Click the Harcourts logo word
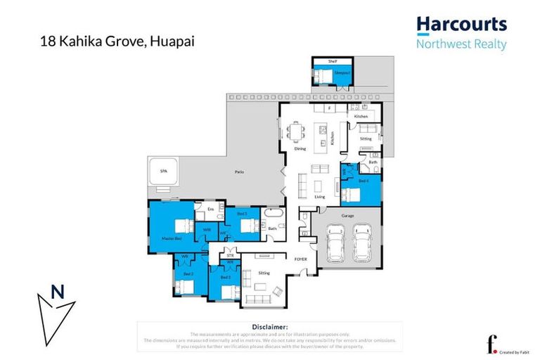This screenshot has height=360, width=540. [461, 25]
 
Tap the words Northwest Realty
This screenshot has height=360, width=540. [461, 44]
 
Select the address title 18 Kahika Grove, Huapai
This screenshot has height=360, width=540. [117, 41]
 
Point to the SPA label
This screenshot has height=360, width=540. [164, 171]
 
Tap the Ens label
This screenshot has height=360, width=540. [210, 210]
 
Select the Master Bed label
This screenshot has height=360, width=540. [163, 239]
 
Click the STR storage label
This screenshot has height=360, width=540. [220, 255]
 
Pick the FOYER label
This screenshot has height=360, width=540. [300, 259]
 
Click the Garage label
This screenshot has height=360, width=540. [347, 215]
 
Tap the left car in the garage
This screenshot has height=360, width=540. [332, 242]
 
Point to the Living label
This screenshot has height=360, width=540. [320, 197]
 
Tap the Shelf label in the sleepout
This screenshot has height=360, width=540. [333, 62]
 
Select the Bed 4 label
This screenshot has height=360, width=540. [364, 181]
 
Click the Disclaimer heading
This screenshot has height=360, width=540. [269, 327]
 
